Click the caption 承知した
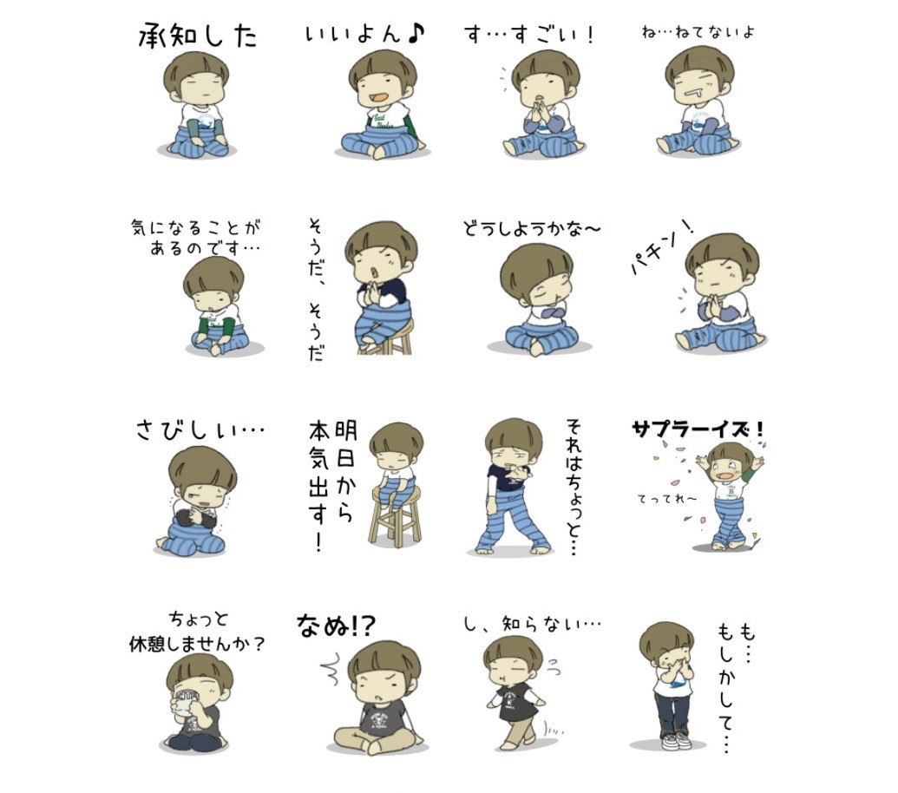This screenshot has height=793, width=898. [198, 36]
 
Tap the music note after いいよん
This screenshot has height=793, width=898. [416, 33]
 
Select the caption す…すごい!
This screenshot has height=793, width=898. [529, 35]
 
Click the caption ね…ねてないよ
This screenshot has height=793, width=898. [698, 32]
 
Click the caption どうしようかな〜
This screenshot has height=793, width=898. [532, 228]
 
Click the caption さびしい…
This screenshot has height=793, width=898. [200, 429]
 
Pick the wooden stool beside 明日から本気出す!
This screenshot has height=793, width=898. [396, 515]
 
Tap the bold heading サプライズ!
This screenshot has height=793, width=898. [698, 429]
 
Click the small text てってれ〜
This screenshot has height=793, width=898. [667, 499]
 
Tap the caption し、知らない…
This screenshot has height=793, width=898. [532, 623]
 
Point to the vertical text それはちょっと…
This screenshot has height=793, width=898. [574, 488]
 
